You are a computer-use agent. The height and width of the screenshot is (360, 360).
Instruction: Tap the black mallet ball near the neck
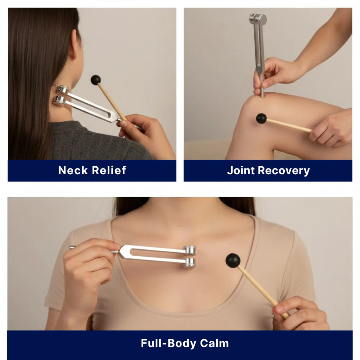95,80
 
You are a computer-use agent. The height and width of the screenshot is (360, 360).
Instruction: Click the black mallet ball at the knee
261,118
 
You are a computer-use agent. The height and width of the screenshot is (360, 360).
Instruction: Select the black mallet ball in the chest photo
233,260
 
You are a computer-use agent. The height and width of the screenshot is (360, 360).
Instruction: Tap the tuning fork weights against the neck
62,95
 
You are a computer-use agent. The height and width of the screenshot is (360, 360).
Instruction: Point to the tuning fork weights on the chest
190,256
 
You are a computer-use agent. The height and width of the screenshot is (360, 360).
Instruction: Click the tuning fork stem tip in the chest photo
72,247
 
